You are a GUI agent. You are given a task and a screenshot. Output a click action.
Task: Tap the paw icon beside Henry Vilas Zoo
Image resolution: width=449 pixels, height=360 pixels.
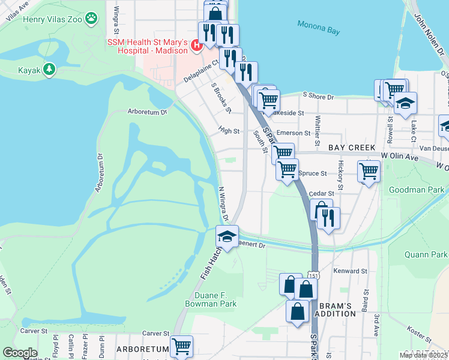click(91, 19)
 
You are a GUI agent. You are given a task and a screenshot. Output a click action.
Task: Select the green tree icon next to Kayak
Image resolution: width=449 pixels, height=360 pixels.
click(49, 70)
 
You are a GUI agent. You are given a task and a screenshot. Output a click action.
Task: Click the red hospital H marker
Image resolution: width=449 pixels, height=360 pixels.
click(196, 46)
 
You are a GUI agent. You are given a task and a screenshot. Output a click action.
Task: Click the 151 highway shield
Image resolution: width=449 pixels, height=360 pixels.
click(314, 275)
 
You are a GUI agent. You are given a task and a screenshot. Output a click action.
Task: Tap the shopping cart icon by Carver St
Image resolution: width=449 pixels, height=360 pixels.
click(181, 346)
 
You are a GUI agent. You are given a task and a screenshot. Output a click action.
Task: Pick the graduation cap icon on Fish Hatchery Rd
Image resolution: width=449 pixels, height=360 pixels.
click(228, 236)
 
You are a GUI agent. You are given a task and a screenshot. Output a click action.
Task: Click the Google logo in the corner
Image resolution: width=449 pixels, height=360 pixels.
click(20, 353)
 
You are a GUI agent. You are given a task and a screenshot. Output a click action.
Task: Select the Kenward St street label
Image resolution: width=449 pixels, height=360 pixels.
click(350, 271)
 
